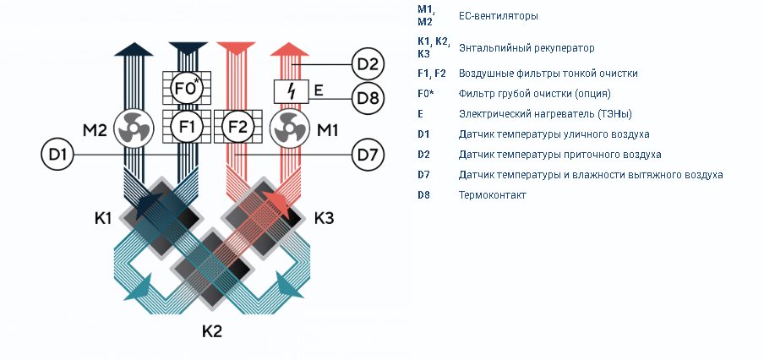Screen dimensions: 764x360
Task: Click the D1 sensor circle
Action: point(57,155)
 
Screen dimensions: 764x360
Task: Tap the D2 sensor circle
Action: point(368,64)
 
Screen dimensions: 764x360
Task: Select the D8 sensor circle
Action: point(368,98)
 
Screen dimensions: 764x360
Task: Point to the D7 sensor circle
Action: point(368,155)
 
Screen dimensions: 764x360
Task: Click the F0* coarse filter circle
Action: point(187,88)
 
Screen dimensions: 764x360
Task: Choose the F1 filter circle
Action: point(187,127)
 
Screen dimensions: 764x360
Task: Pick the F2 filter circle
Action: point(238,127)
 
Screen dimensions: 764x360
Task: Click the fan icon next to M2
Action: point(134,128)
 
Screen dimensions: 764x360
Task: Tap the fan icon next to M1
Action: point(290,128)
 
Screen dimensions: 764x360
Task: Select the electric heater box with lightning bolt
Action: point(291,91)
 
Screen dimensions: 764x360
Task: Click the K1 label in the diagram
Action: point(103,218)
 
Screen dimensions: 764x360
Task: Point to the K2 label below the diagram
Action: point(212,331)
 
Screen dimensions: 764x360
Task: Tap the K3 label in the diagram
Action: point(324,218)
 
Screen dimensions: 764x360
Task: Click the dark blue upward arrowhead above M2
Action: point(134,49)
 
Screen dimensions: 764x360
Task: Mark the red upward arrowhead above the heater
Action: point(290,49)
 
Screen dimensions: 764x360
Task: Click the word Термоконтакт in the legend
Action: point(493,195)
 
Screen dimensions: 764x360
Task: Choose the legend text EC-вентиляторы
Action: point(499,16)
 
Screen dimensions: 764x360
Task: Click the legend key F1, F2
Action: point(432,74)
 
